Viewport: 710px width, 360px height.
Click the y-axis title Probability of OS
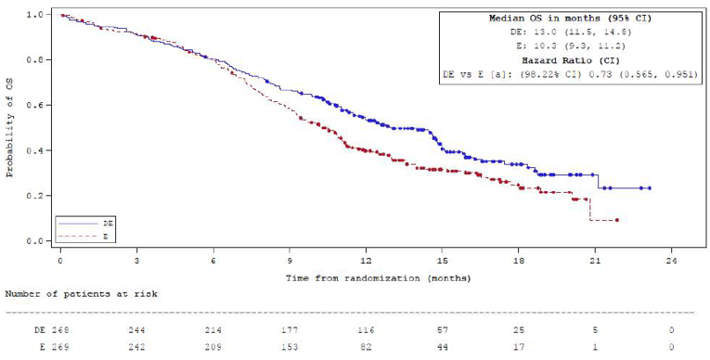tap(10, 128)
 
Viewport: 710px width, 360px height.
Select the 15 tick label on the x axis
tap(443, 263)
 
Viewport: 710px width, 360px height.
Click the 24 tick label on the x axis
tap(672, 263)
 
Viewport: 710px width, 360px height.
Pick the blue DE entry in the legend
tap(80, 224)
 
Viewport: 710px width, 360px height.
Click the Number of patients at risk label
tap(82, 293)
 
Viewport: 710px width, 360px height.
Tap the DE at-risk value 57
tap(443, 329)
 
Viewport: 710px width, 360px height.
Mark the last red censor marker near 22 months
tap(616, 220)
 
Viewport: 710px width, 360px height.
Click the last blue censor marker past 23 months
tap(649, 188)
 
